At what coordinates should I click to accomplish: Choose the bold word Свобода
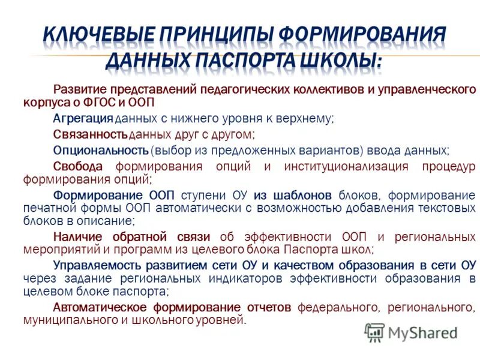78,166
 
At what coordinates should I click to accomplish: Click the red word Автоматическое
98,307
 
